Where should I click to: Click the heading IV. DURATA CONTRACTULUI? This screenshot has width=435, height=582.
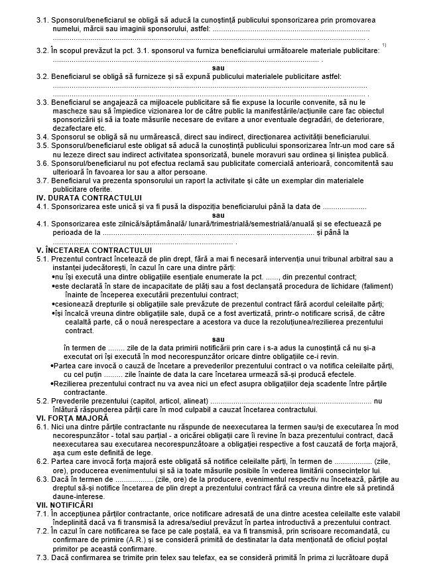point(89,197)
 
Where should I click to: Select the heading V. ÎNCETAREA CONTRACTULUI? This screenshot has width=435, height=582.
point(93,250)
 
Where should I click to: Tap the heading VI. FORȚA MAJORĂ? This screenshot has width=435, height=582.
point(72,419)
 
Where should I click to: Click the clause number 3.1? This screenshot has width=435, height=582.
point(42,21)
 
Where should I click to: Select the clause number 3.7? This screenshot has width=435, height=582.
point(42,180)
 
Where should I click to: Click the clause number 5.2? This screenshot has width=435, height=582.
point(42,401)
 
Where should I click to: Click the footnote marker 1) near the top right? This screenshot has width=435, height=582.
point(385,44)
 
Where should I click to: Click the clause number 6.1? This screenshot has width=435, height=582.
point(42,427)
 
